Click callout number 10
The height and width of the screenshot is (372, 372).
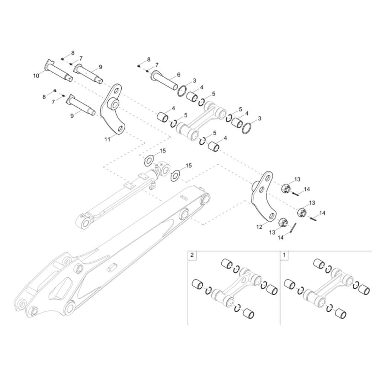tap(36, 76)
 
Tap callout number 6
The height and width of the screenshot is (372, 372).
tap(179, 75)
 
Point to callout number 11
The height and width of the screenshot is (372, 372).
tap(107, 139)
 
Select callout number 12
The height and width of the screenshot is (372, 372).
tap(259, 227)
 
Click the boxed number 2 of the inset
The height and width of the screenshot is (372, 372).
tap(192, 255)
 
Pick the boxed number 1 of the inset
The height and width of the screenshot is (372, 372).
tap(285, 255)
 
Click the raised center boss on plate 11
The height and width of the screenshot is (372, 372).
tap(113, 105)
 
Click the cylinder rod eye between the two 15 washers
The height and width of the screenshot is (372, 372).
tap(163, 168)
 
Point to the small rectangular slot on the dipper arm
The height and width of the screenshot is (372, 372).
tap(112, 267)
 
